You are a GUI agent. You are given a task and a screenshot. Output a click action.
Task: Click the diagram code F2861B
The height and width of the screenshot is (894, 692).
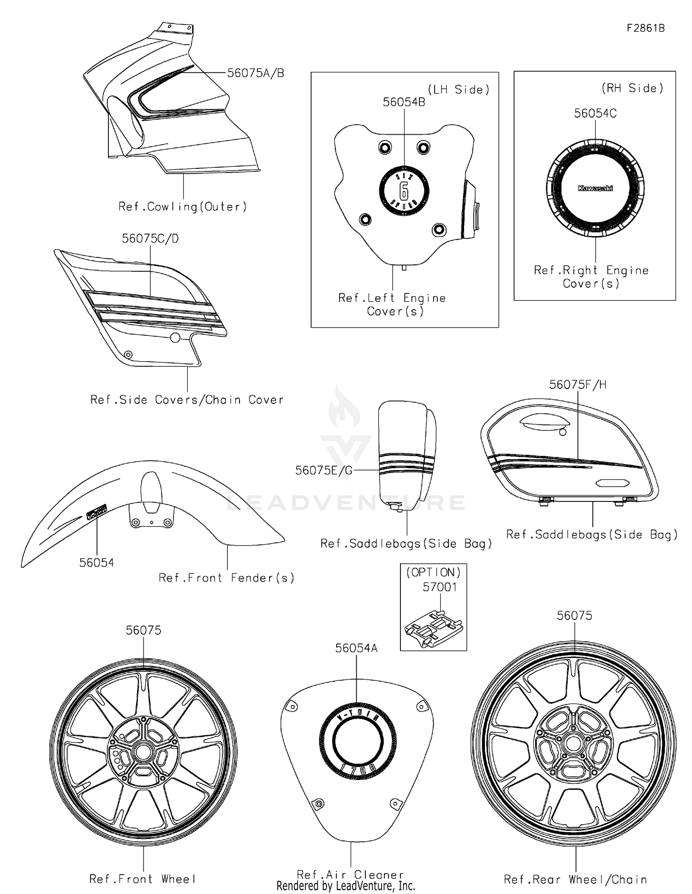click(x=645, y=28)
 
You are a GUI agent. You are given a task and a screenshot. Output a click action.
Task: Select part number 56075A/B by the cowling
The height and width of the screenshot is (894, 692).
click(x=256, y=73)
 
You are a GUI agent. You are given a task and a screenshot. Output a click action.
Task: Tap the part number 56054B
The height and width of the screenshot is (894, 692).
click(x=404, y=102)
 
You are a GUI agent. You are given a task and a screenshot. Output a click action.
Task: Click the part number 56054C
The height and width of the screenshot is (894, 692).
click(x=595, y=113)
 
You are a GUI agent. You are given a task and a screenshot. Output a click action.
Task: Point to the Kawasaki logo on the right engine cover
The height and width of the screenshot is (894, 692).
click(x=595, y=188)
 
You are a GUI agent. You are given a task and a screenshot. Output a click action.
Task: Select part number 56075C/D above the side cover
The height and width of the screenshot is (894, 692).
click(x=150, y=238)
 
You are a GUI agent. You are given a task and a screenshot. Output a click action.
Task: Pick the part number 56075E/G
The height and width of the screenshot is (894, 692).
click(x=324, y=470)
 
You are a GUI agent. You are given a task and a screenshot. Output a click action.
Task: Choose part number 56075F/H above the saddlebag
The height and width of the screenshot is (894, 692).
click(x=578, y=385)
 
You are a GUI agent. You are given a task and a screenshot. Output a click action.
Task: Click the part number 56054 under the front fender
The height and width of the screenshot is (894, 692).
click(x=96, y=562)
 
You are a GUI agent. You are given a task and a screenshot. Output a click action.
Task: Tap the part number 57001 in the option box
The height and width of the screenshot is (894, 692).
click(x=440, y=587)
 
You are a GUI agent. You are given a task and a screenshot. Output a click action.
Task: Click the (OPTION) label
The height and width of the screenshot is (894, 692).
click(x=433, y=572)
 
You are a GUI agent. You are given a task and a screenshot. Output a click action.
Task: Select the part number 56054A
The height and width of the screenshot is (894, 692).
click(x=356, y=648)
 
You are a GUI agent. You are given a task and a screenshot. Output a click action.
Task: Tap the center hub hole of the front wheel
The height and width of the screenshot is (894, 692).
click(x=143, y=754)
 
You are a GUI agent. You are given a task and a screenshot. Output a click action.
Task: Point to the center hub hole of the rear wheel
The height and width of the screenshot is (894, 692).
click(x=573, y=744)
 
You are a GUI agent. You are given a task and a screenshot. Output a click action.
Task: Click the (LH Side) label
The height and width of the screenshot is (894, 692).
click(x=458, y=89)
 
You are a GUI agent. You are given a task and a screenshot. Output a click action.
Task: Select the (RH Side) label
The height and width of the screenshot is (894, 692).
click(x=632, y=88)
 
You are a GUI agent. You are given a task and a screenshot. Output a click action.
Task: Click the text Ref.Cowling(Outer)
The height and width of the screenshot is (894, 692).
click(x=183, y=207)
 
